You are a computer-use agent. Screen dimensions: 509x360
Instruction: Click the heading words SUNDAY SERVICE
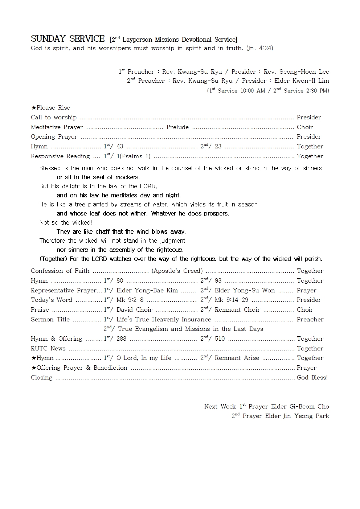(67, 39)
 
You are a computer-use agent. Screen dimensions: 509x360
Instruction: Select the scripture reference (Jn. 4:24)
(259, 48)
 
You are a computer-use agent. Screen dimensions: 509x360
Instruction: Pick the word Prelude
(177, 127)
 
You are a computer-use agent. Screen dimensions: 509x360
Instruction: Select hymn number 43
(120, 147)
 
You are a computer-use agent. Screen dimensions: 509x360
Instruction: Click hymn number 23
(218, 147)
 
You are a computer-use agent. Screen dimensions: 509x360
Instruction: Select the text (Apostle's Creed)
(177, 271)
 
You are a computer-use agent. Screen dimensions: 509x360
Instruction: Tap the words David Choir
(134, 310)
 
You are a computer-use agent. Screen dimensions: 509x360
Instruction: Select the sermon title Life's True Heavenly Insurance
(164, 320)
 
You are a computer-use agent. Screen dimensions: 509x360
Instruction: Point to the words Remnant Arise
(237, 358)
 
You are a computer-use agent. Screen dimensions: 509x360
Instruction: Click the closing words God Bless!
(312, 378)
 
